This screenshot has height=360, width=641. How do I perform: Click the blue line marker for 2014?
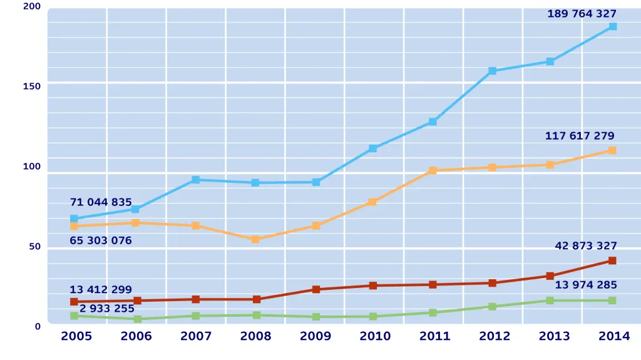tap(612, 26)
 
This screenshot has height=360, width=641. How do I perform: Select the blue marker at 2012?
tap(492, 71)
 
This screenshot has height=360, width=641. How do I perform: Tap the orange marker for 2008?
tap(255, 239)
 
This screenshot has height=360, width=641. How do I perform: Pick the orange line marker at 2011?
tap(433, 170)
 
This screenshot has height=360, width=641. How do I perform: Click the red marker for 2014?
tap(612, 260)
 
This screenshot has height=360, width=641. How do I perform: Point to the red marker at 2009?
tap(315, 289)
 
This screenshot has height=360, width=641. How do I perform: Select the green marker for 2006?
tap(137, 319)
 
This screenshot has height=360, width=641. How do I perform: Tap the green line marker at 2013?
tap(550, 301)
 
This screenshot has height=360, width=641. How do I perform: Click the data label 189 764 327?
tap(582, 14)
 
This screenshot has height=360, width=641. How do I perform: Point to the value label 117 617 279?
tap(580, 136)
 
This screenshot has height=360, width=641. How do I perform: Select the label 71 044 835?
tap(101, 202)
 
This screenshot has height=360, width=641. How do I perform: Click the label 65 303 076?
tap(101, 240)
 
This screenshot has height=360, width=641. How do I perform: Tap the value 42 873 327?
tap(586, 246)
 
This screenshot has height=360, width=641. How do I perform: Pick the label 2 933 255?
tap(106, 309)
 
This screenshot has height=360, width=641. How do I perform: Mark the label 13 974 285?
tap(586, 285)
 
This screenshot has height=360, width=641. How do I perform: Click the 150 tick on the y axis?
tap(32, 86)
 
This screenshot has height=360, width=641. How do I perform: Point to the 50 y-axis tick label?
tap(35, 247)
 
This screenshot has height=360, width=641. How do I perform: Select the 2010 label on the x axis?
tap(375, 337)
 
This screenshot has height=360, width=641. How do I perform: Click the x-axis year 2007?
tap(196, 337)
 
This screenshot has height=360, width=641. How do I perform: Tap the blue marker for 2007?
tap(195, 180)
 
